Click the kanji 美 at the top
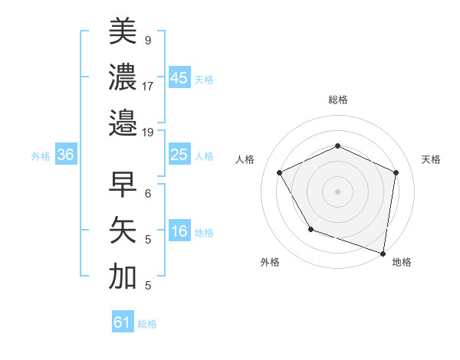point(123,31)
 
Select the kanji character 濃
point(123,77)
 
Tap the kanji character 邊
point(123,123)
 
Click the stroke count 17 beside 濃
point(148,86)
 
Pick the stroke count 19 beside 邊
point(148,132)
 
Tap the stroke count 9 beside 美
point(147,39)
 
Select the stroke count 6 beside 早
point(147,194)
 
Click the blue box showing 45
point(179,78)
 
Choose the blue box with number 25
point(179,155)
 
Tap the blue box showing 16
point(179,232)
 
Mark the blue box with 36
point(66,155)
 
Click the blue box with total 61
point(123,322)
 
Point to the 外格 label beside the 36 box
point(41,156)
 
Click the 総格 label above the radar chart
point(337,100)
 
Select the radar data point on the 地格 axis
point(383,253)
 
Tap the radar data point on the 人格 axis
point(280,172)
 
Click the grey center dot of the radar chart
point(337,191)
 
